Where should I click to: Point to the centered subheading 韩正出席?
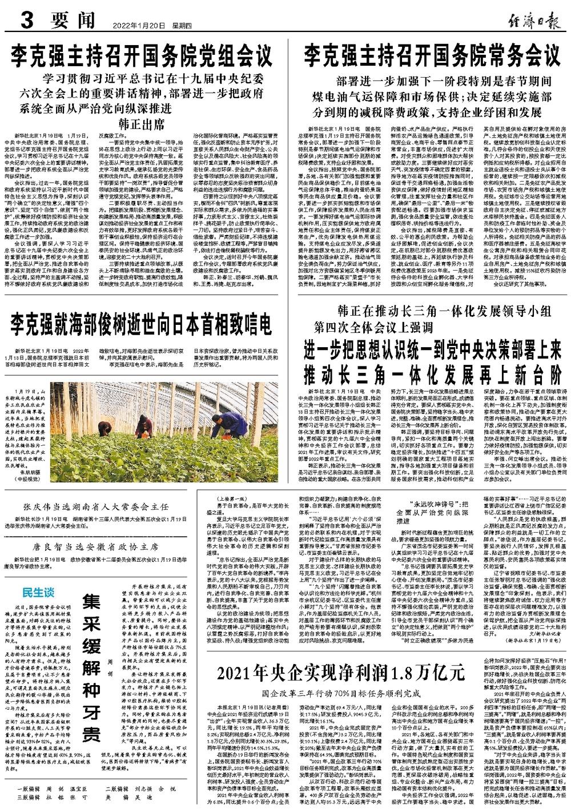pyautogui.click(x=142, y=124)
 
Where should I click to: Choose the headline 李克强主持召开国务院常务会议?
pyautogui.click(x=432, y=57)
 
